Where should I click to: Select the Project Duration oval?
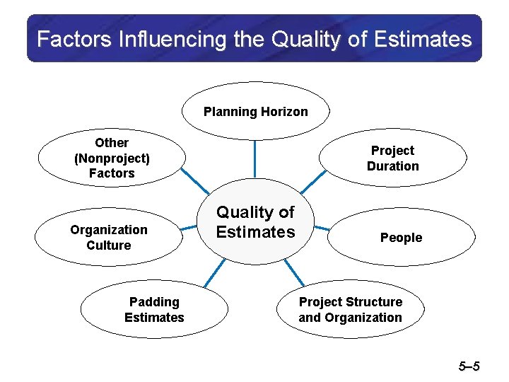(392, 158)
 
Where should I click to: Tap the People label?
(401, 238)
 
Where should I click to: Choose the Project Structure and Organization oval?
(350, 310)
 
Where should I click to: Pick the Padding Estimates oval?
(153, 310)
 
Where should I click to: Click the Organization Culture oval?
(109, 238)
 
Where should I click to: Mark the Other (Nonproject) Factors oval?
(112, 158)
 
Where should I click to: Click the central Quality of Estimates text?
(255, 222)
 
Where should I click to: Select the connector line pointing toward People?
(322, 228)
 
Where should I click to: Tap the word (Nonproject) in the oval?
(112, 158)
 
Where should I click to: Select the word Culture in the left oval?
(109, 245)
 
